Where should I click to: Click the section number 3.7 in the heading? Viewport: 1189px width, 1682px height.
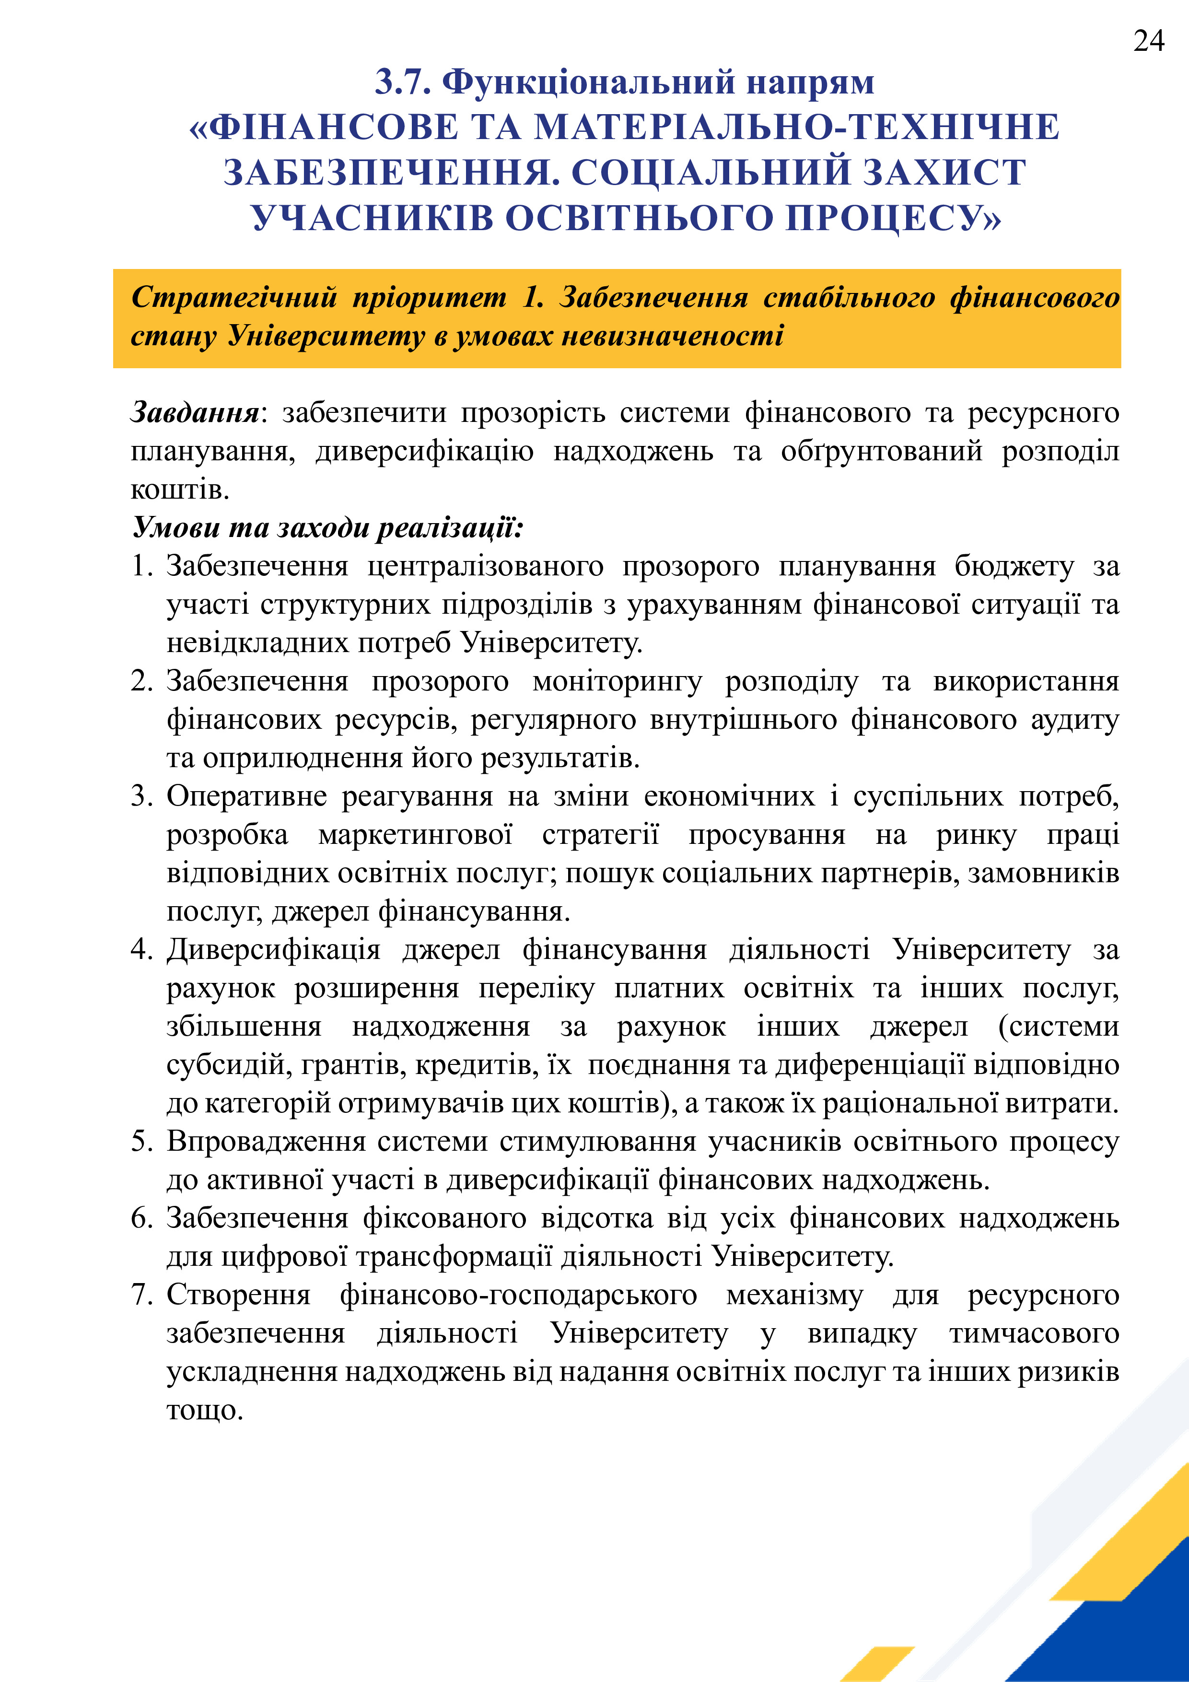pyautogui.click(x=402, y=82)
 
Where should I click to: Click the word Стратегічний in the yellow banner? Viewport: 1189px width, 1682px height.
pyautogui.click(x=233, y=297)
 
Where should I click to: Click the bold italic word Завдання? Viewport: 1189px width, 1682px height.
pyautogui.click(x=194, y=412)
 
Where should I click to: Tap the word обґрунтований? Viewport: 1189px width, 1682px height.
pyautogui.click(x=881, y=451)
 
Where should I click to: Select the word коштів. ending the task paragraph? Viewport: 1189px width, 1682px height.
pyautogui.click(x=179, y=490)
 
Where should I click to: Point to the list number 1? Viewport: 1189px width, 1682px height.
pyautogui.click(x=141, y=566)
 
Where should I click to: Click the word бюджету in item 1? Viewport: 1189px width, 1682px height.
pyautogui.click(x=1014, y=566)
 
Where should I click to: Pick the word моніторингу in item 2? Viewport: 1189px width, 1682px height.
pyautogui.click(x=617, y=681)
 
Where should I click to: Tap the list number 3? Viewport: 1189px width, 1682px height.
pyautogui.click(x=141, y=796)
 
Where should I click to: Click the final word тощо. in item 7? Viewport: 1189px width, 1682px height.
pyautogui.click(x=204, y=1410)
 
